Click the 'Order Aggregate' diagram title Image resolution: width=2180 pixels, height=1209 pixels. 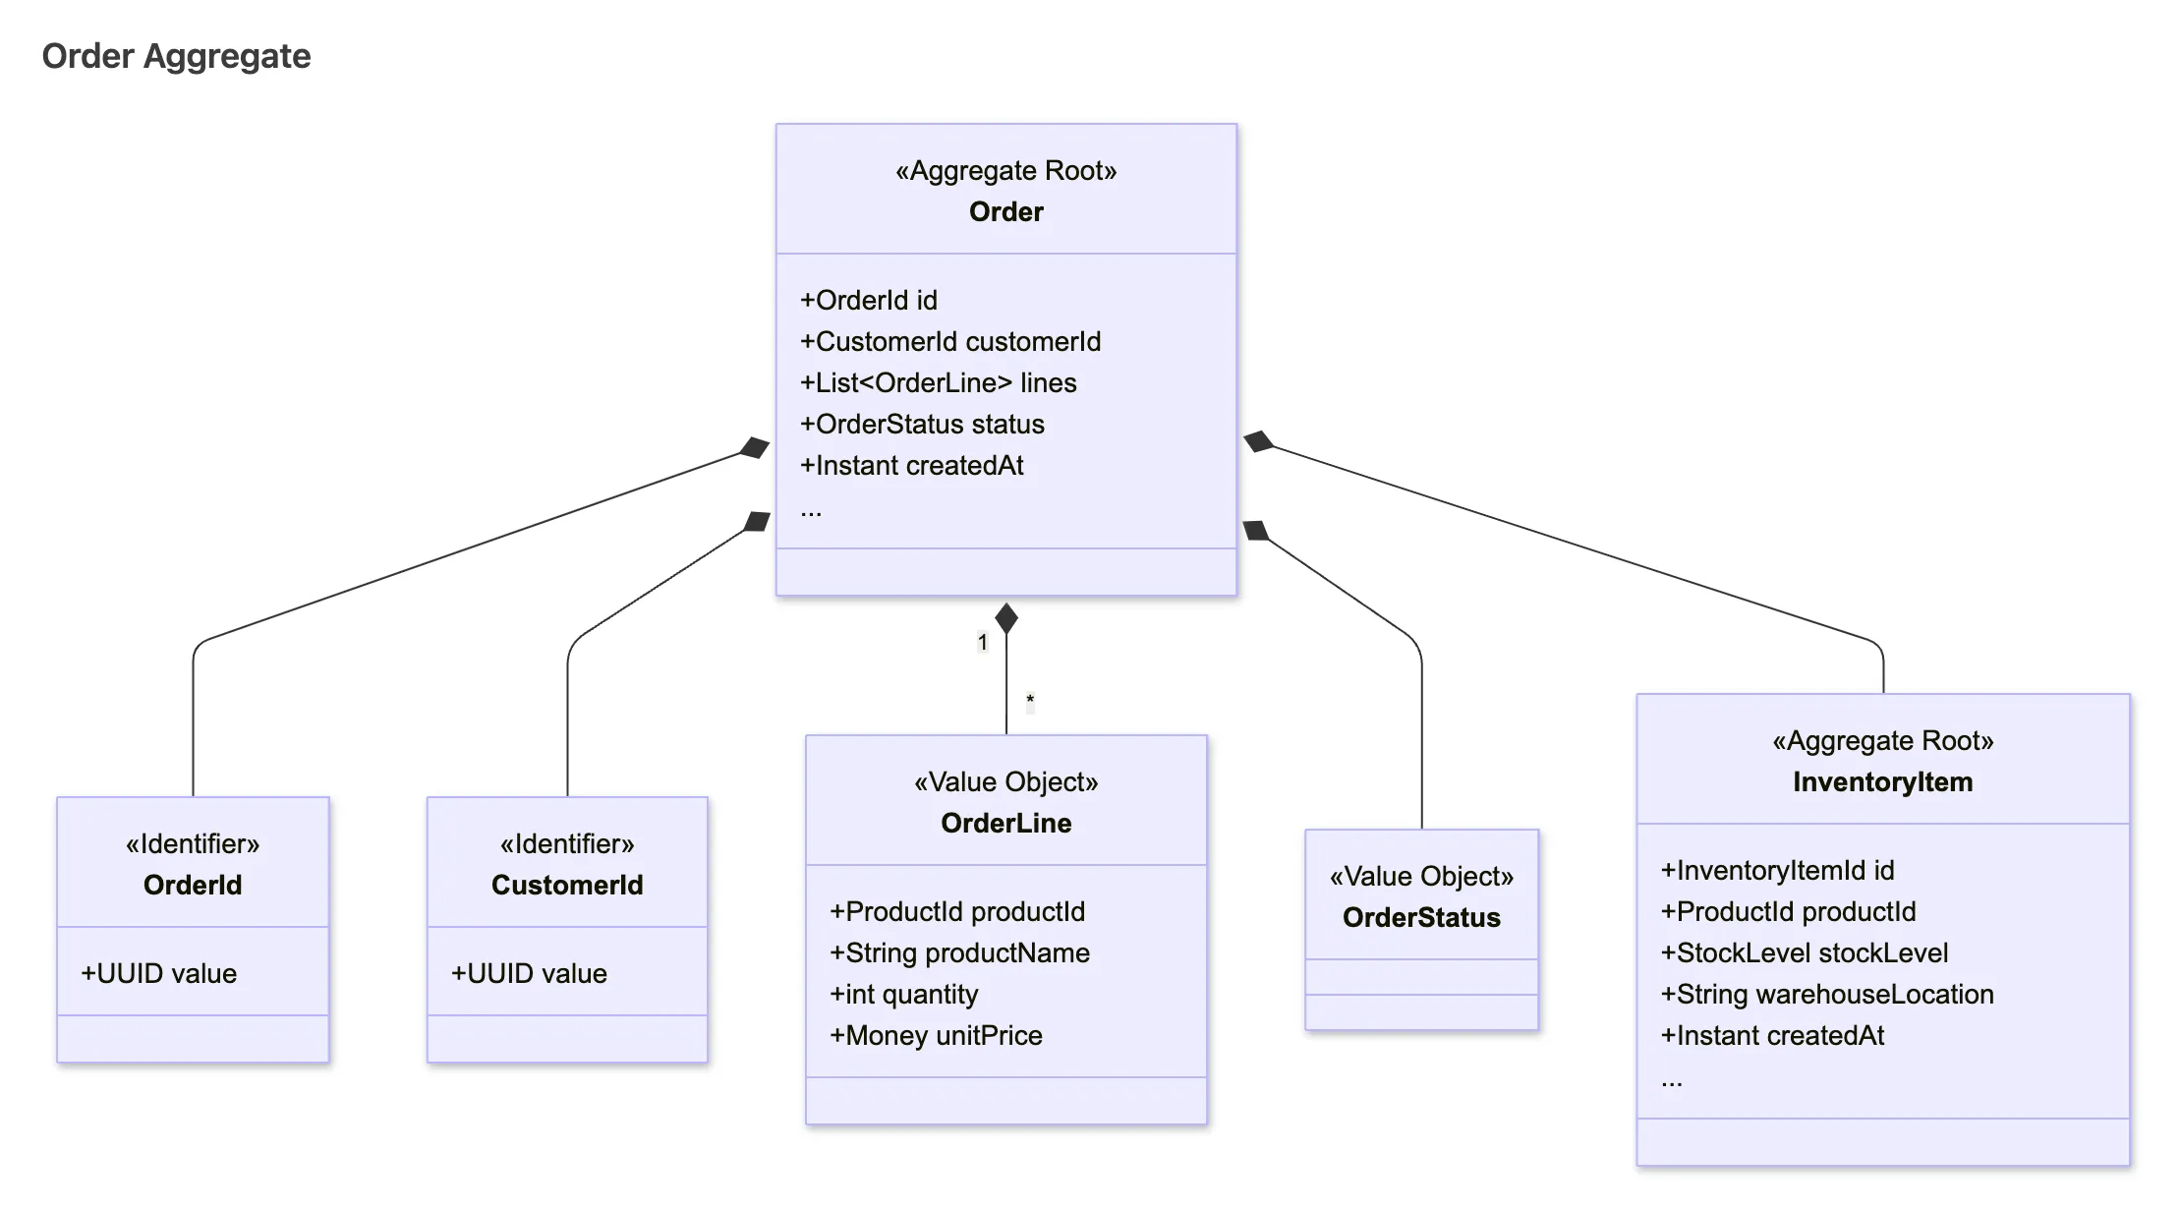pos(176,56)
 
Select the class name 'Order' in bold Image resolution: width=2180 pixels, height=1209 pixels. pos(1005,211)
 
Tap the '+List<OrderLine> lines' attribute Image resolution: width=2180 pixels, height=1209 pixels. pos(938,382)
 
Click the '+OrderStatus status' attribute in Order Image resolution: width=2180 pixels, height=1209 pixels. pos(922,424)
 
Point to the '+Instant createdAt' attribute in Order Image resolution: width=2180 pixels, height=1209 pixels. pos(911,465)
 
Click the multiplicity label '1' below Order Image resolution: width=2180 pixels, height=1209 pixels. pos(982,642)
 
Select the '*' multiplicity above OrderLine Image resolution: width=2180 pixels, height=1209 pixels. pos(1030,701)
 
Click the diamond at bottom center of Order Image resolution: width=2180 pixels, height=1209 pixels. pos(1005,618)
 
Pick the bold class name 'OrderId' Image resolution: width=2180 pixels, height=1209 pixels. pos(193,885)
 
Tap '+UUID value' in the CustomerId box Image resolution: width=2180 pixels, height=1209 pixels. pos(529,973)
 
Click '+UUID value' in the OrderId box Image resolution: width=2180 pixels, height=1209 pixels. pos(159,973)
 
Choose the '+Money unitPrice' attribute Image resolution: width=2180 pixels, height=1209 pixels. pos(936,1035)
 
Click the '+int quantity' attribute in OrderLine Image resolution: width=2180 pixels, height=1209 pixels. pos(903,994)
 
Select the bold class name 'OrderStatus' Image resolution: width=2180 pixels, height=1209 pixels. pos(1421,917)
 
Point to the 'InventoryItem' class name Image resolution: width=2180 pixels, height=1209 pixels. pos(1882,781)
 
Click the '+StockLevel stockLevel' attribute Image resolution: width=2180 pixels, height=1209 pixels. pos(1805,952)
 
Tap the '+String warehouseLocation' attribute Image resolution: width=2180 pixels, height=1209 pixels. pos(1827,994)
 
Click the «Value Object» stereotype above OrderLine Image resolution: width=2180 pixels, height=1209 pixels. pos(1005,781)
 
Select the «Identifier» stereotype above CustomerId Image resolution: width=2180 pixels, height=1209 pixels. pos(567,843)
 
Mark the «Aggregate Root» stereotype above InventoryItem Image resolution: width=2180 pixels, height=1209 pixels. pos(1882,740)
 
